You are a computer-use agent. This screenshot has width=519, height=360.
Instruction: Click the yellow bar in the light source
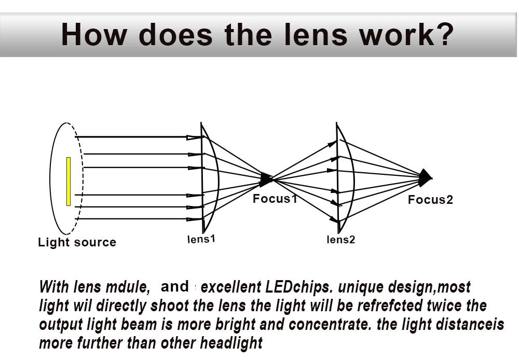pos(68,182)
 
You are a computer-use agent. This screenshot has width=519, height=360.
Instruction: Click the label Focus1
pos(275,199)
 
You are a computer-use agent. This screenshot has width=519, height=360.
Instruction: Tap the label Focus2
pos(430,200)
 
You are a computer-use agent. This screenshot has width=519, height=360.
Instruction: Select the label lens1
pos(201,239)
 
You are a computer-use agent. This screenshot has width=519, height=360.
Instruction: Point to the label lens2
pos(341,240)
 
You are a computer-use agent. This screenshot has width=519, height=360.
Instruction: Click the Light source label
pos(77,242)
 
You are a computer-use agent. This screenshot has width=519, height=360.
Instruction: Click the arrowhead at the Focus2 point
pos(426,177)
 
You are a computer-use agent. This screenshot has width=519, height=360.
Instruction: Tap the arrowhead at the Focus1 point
pos(266,180)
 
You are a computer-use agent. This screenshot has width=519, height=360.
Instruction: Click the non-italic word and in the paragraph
pos(175,286)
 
